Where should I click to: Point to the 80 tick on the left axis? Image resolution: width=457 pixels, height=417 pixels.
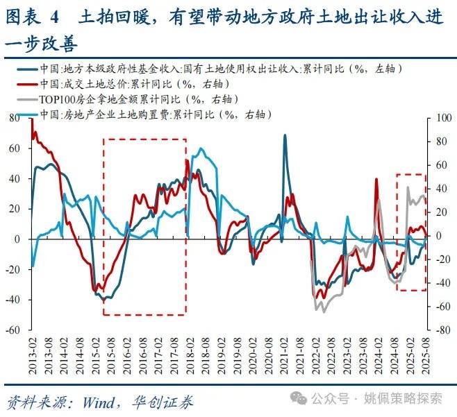pyautogui.click(x=15, y=119)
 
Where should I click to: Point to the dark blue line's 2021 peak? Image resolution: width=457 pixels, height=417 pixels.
pyautogui.click(x=285, y=136)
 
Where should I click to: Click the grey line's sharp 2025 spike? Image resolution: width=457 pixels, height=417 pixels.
pyautogui.click(x=408, y=187)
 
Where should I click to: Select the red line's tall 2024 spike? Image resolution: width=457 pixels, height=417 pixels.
pyautogui.click(x=376, y=180)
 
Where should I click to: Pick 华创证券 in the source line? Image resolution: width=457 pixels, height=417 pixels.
pyautogui.click(x=165, y=402)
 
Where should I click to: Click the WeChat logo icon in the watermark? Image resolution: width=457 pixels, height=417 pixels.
pyautogui.click(x=299, y=398)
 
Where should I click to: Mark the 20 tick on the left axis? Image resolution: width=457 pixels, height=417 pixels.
pyautogui.click(x=15, y=209)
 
